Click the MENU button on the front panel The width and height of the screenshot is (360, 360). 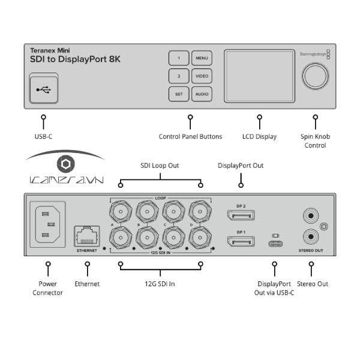point(202,58)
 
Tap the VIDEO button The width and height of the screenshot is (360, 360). point(202,76)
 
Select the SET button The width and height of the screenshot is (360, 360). point(179,94)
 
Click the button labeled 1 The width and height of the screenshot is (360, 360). point(179,58)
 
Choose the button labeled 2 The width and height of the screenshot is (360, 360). point(179,76)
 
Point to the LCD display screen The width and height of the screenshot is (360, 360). point(259,76)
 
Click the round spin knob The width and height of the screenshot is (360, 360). point(315,76)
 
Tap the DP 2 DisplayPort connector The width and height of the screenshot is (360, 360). point(240,215)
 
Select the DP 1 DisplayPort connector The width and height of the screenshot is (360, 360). point(240,241)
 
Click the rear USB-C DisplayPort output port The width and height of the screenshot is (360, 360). point(275,244)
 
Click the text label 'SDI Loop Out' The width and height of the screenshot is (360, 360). point(160,166)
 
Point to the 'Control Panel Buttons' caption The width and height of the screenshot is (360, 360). point(190,137)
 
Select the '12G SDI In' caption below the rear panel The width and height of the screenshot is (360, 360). point(160,284)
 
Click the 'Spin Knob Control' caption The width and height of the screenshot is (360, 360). point(315,141)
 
